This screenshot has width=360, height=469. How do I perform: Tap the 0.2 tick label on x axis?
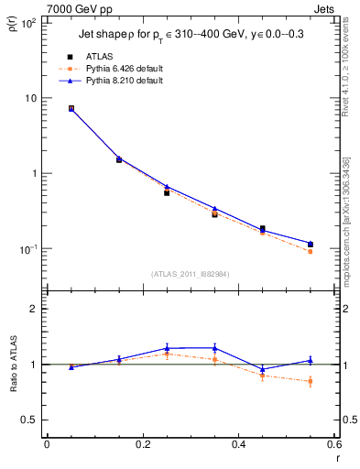(x=142, y=446)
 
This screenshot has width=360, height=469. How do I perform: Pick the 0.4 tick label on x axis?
(x=238, y=446)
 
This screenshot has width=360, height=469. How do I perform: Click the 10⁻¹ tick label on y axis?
(x=28, y=249)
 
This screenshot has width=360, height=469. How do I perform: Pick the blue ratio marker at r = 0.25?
(x=167, y=348)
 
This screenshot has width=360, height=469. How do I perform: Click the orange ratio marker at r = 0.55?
(x=310, y=381)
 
